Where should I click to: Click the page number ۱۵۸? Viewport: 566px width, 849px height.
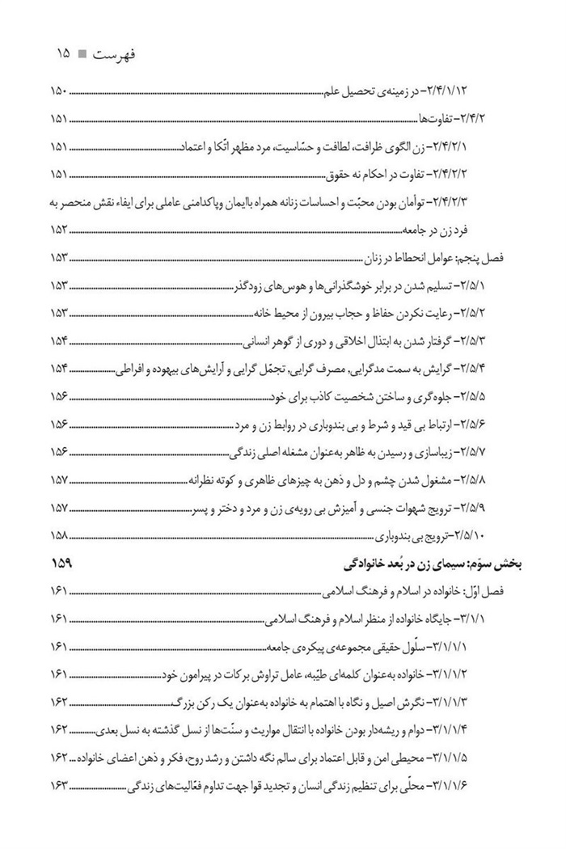[62, 534]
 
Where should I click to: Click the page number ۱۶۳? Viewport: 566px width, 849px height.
[62, 785]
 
